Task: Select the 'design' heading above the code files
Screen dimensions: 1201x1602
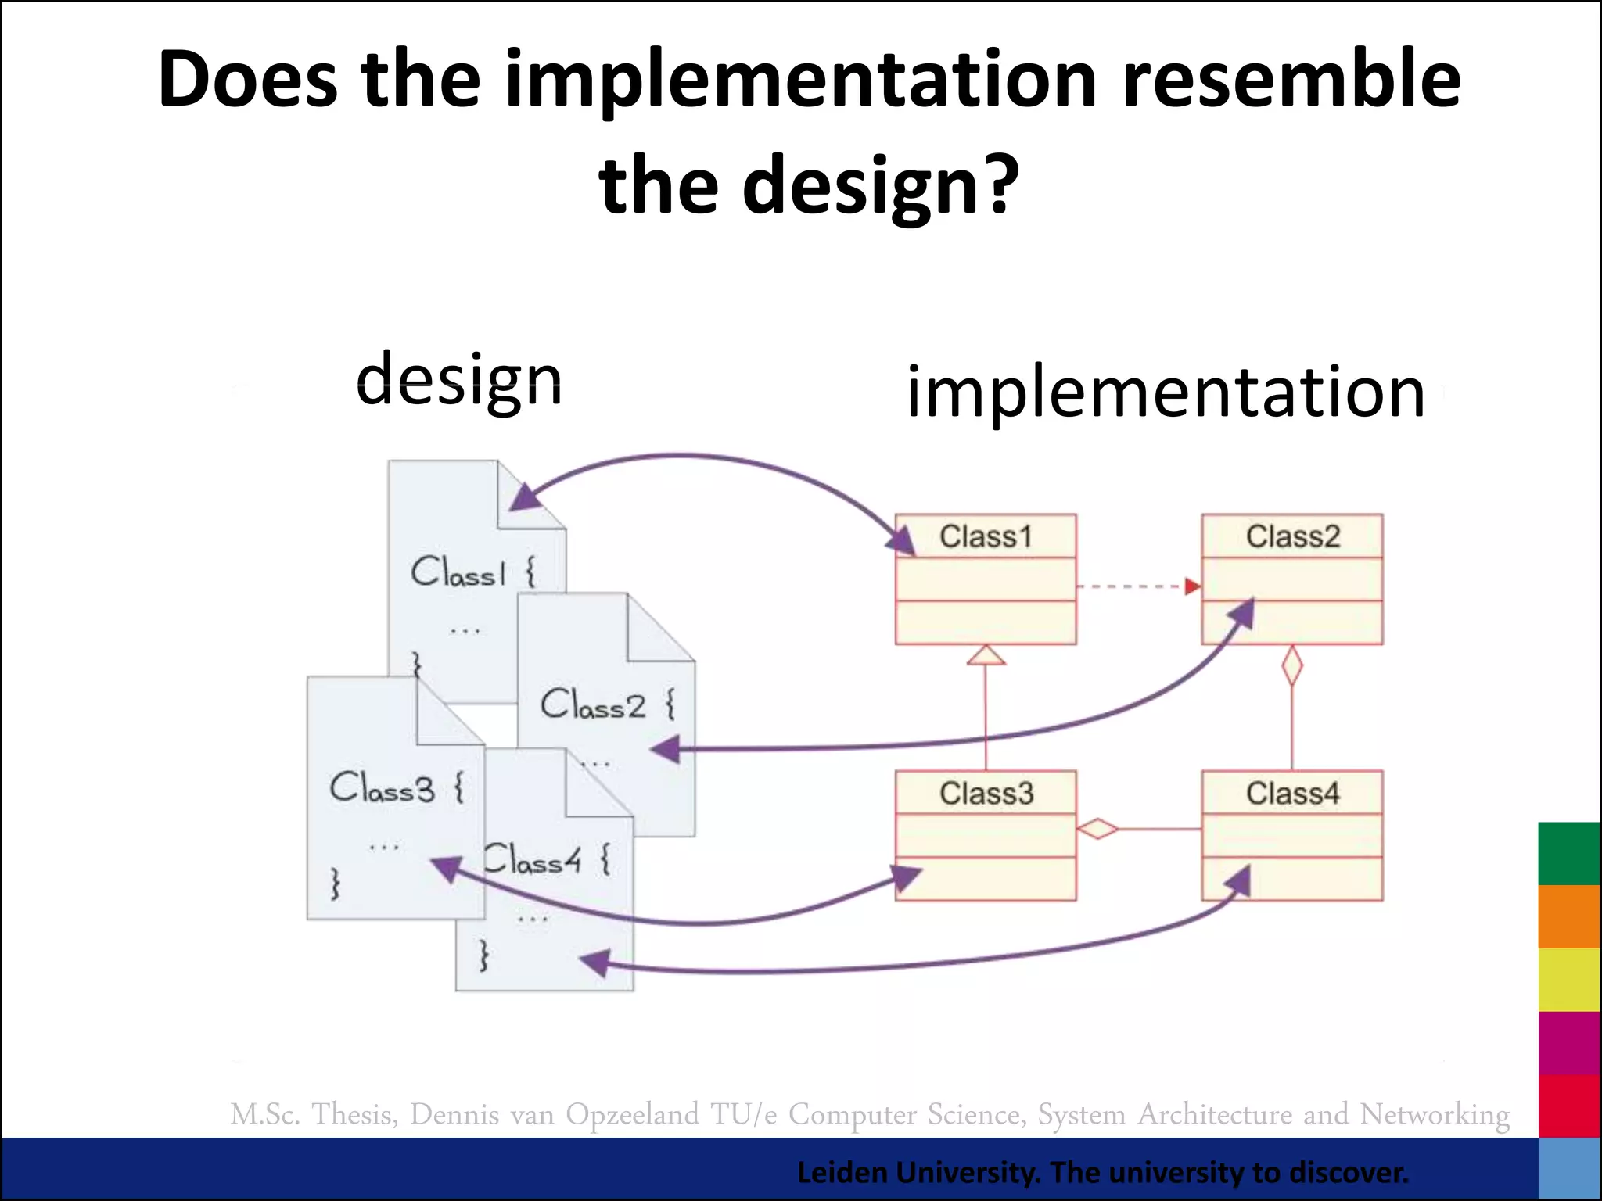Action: click(459, 380)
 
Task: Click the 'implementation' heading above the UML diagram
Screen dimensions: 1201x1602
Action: click(1166, 393)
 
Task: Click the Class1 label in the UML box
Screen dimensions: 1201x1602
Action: click(986, 536)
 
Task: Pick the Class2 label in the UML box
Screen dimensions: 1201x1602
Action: click(1292, 536)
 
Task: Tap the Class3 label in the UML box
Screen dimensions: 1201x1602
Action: click(986, 793)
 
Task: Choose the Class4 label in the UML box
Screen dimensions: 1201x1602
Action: click(1292, 793)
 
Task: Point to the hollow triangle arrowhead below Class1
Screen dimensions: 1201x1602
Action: click(986, 656)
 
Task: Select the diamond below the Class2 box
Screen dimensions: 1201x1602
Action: click(1292, 666)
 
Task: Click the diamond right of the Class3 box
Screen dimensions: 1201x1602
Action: click(1097, 828)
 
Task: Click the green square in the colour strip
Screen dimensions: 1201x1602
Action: click(1568, 853)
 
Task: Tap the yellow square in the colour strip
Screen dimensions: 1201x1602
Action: click(1568, 979)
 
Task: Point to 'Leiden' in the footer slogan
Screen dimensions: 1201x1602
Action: click(842, 1173)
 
